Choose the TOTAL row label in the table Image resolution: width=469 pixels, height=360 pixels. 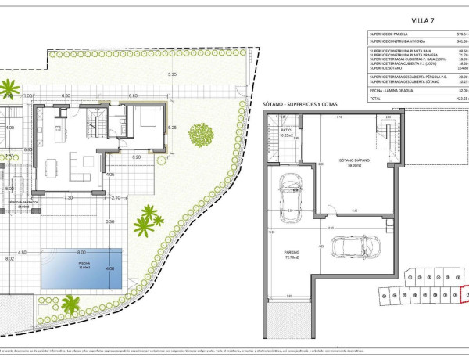tap(376, 99)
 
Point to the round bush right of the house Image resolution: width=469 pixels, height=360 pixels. tap(200, 135)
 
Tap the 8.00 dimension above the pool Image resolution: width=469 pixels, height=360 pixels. tap(81, 252)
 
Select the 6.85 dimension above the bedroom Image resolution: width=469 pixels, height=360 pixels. tap(133, 96)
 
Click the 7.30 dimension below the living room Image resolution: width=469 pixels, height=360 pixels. tap(69, 197)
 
